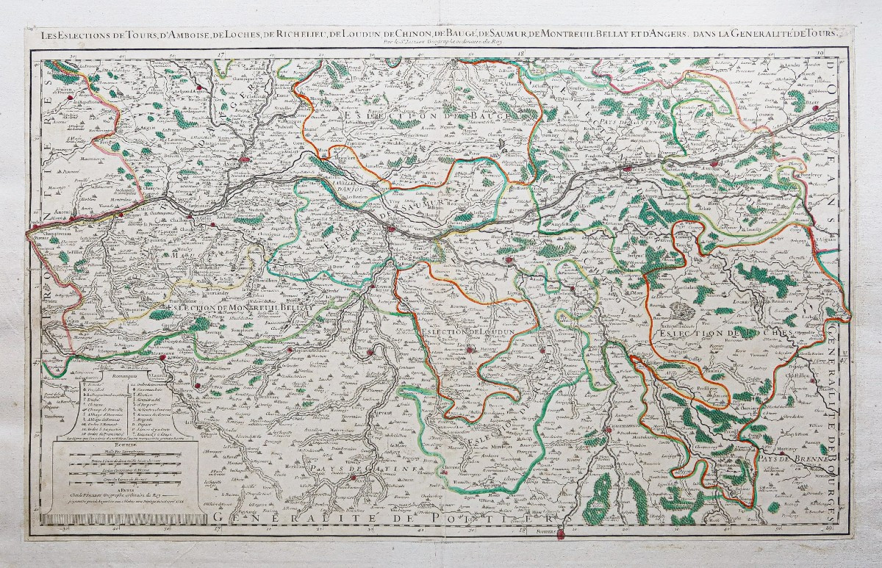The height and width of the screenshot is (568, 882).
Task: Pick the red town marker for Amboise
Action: pyautogui.click(x=714, y=164)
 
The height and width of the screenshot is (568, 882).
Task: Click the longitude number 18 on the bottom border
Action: pyautogui.click(x=523, y=528)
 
